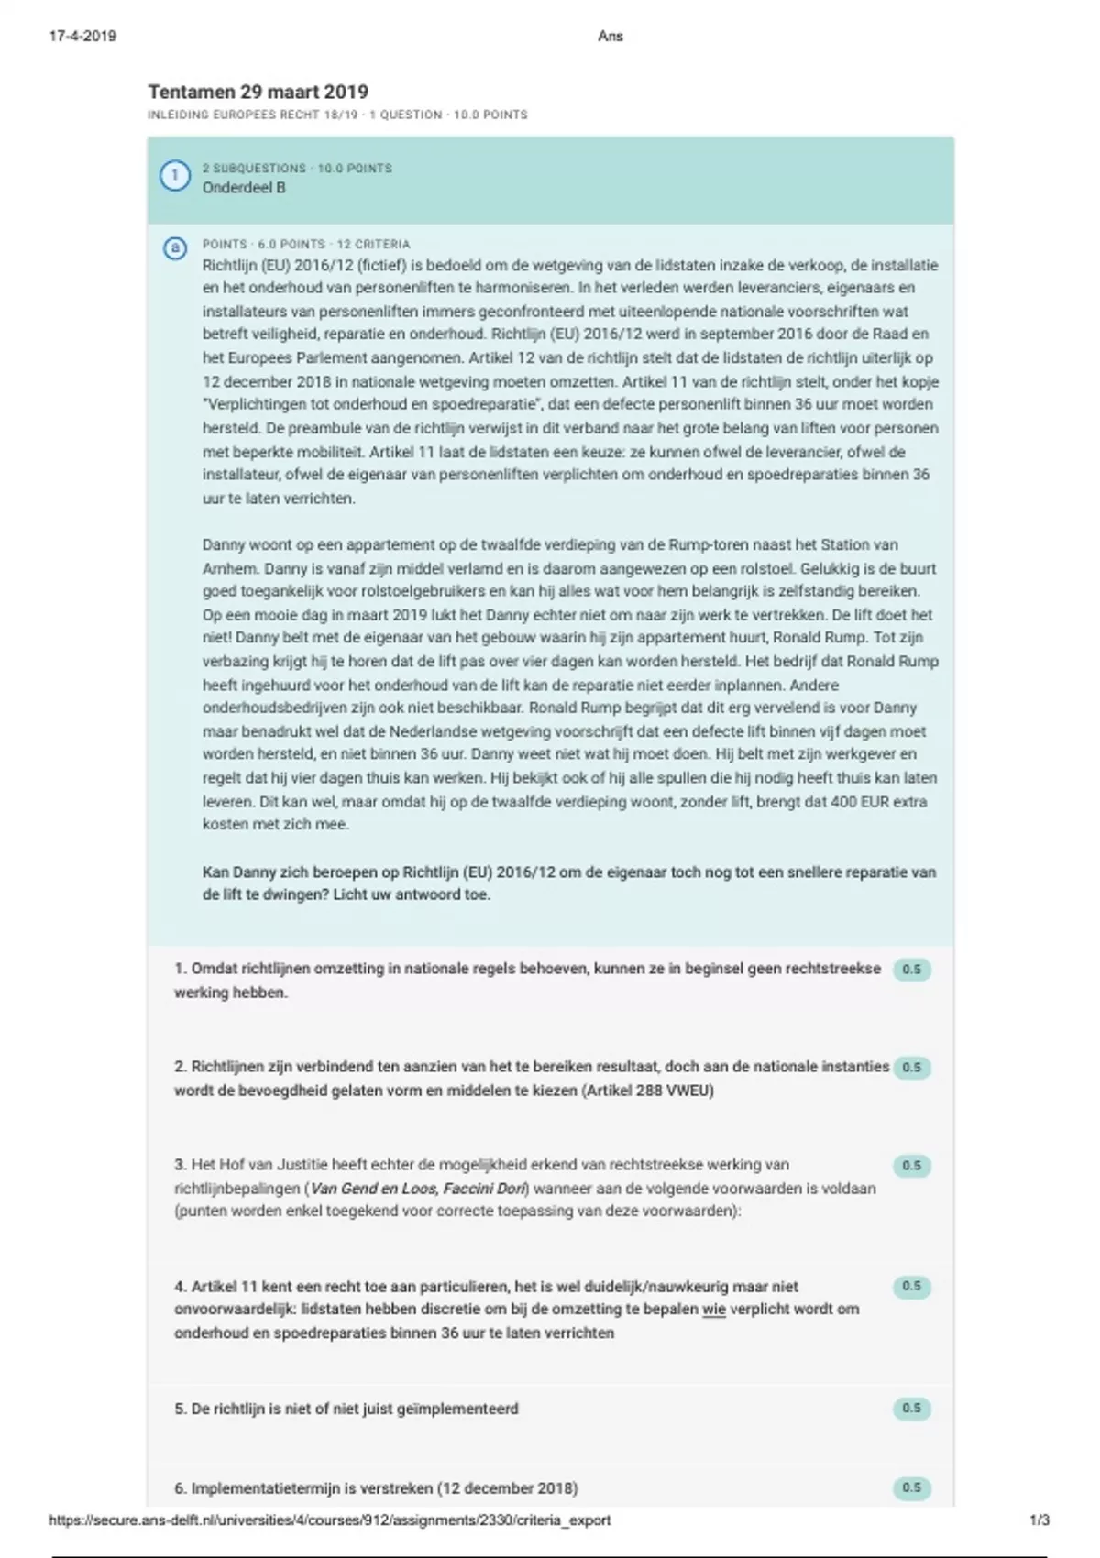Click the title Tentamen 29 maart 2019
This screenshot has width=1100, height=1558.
[258, 92]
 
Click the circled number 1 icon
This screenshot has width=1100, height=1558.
[174, 176]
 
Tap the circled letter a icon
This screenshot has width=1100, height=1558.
[174, 248]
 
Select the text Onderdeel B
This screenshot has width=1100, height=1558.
[244, 188]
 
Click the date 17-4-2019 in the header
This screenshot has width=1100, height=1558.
[82, 37]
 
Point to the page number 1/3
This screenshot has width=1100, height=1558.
[1039, 1520]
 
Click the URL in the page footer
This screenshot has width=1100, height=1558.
[330, 1520]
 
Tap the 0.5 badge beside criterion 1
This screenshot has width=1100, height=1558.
[911, 970]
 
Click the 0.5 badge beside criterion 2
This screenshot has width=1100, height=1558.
[911, 1068]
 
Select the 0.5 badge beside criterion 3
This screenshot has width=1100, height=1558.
[911, 1166]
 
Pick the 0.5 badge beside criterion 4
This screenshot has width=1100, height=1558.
[911, 1287]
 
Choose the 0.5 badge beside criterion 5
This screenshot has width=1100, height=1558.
[911, 1409]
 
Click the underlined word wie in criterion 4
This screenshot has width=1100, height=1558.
[714, 1310]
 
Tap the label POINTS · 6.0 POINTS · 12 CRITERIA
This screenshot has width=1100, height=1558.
[306, 245]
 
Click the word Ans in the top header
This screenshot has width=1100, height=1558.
[610, 37]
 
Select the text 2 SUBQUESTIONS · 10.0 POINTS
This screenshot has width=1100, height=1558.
[297, 169]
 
